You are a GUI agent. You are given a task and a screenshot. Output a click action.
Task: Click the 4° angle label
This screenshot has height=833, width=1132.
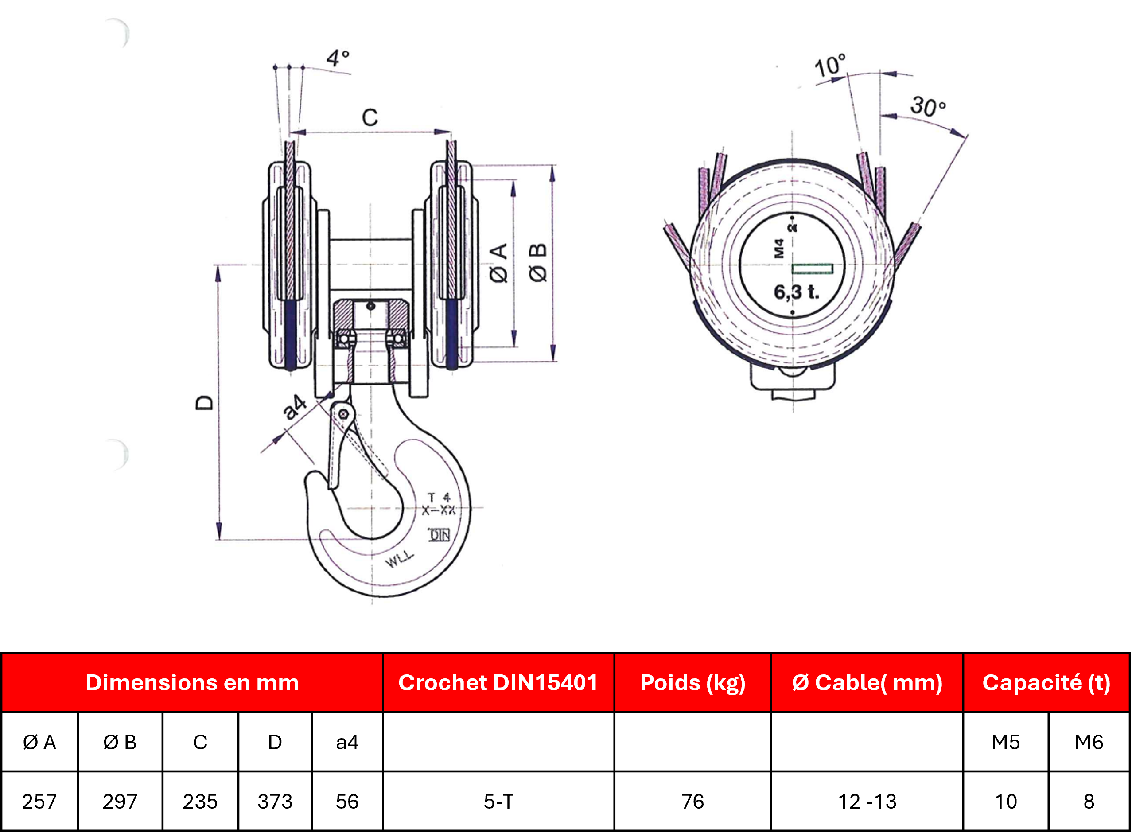tap(338, 58)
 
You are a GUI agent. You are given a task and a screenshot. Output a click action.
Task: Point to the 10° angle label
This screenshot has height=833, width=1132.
tap(830, 66)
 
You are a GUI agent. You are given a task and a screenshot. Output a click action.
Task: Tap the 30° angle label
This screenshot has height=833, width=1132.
tap(928, 106)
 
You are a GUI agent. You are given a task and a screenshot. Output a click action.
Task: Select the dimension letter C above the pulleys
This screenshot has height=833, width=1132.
tap(370, 117)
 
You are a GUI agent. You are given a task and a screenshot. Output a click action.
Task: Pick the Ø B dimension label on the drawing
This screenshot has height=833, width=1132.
tap(538, 263)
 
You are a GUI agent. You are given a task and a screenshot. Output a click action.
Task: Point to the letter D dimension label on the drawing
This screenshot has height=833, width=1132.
tap(204, 402)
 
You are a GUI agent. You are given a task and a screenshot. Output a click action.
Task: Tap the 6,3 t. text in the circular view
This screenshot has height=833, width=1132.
tap(797, 292)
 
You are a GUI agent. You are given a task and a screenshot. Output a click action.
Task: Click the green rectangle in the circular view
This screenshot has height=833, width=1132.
tap(812, 269)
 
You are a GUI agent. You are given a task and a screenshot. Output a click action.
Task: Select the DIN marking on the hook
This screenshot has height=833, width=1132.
tap(439, 535)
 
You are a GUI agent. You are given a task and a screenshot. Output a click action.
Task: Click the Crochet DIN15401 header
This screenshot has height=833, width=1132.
tap(498, 683)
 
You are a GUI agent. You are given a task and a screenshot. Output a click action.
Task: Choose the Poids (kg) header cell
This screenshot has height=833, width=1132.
tap(692, 683)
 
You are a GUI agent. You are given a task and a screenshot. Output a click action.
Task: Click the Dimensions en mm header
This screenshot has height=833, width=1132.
tap(192, 683)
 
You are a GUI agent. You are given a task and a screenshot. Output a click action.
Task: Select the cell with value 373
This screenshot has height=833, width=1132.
tap(275, 802)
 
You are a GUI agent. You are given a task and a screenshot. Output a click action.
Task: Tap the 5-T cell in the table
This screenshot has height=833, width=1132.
tap(498, 802)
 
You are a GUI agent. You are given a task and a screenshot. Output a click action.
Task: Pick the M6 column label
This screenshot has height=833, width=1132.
tap(1089, 742)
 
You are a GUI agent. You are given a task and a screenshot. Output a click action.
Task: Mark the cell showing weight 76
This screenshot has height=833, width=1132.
tap(692, 802)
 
